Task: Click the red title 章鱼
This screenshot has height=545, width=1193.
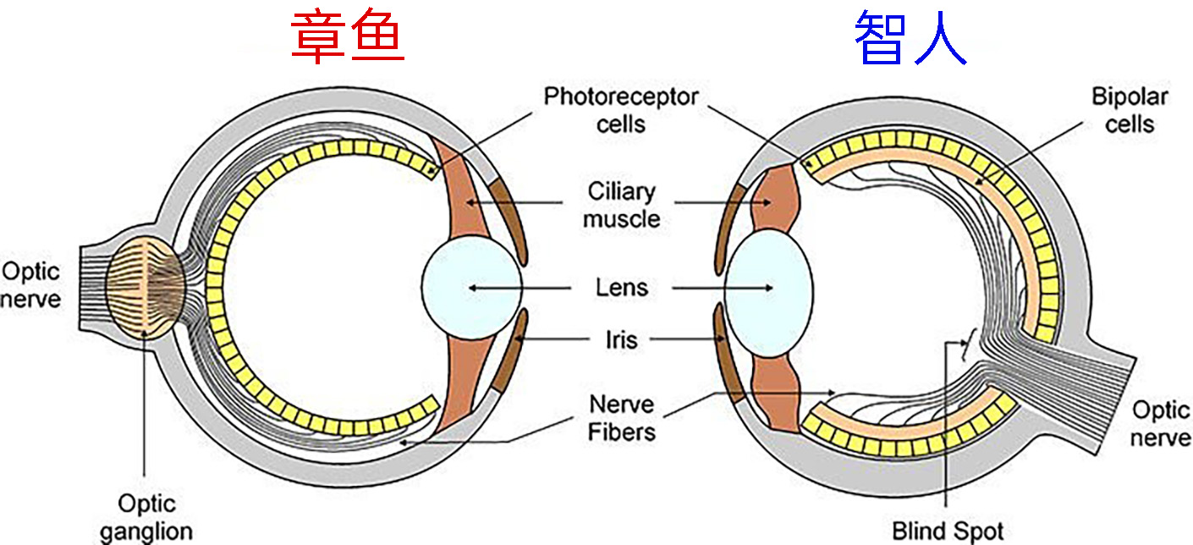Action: coord(347,39)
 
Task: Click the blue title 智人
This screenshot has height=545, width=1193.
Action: coord(910,39)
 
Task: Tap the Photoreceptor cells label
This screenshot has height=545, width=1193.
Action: coord(620,109)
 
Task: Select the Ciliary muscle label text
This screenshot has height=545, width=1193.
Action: coord(622,205)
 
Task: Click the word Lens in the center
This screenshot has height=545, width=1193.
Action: coord(622,288)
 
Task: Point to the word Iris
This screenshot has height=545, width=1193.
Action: coord(621,340)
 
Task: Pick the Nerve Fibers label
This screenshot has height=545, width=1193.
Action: coord(622,417)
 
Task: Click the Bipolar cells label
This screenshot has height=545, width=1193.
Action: coord(1129,109)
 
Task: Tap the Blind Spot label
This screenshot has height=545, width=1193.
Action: coord(948,531)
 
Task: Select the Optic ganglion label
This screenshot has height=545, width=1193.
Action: coord(145,518)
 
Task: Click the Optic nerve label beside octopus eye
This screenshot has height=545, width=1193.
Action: coord(30,285)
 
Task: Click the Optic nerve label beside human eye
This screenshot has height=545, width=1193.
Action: coord(1161,424)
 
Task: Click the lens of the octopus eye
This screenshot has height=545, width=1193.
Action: coord(470,288)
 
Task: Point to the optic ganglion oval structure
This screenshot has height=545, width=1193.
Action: coord(146,284)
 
